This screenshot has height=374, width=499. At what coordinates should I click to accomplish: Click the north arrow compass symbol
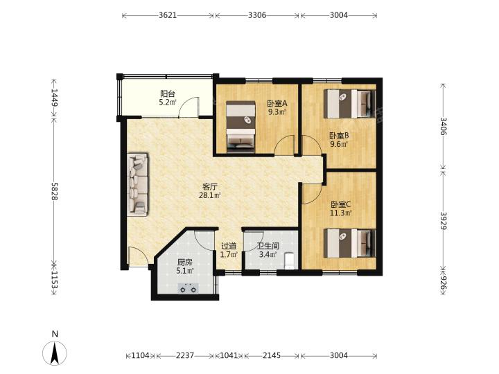(55, 353)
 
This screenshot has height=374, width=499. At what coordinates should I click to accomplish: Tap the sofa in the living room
(138, 184)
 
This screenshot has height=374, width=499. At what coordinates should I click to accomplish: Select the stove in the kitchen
(188, 288)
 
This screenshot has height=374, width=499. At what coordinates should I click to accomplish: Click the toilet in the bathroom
(289, 261)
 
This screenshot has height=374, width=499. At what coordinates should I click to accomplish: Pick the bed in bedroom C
(350, 243)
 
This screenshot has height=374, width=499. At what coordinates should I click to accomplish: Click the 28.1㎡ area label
(210, 195)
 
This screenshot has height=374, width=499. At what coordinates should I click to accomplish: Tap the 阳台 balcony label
(168, 93)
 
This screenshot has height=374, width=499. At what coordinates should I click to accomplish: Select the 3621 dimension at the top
(168, 15)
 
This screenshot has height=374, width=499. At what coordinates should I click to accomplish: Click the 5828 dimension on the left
(54, 191)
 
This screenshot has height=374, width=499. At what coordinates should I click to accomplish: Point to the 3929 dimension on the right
(444, 220)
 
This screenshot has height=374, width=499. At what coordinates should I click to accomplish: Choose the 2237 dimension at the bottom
(185, 355)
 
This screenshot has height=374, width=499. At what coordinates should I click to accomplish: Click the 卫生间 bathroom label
(268, 246)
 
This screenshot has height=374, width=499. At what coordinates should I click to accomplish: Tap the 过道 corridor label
(229, 246)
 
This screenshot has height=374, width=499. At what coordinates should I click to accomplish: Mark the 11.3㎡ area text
(340, 213)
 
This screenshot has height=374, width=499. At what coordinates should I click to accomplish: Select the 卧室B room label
(339, 136)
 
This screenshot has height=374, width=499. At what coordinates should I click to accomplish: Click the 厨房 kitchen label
(185, 262)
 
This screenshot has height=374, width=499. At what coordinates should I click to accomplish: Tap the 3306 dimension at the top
(257, 15)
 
